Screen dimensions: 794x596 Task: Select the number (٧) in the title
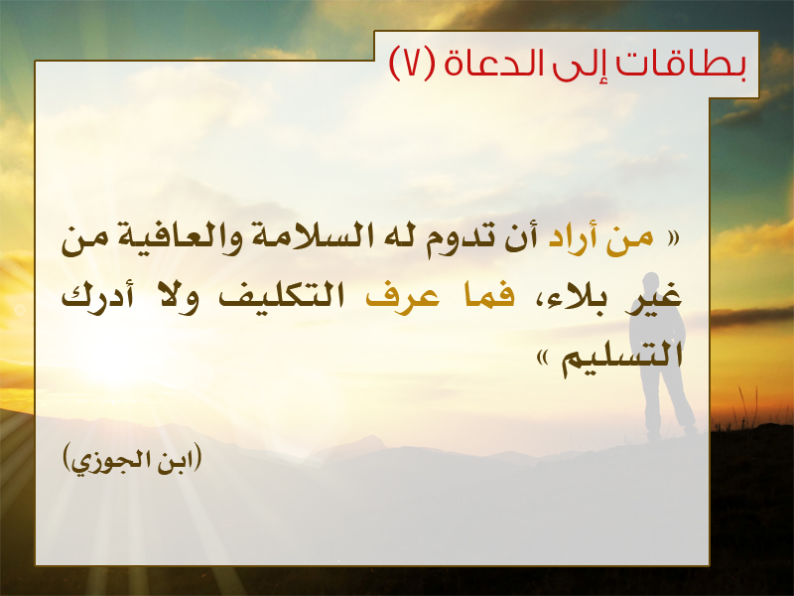click(x=412, y=64)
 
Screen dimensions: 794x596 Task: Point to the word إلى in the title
click(x=589, y=65)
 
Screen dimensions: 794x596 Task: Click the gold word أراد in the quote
click(x=573, y=238)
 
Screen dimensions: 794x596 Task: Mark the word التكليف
click(x=281, y=296)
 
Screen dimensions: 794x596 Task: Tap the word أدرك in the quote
click(x=97, y=297)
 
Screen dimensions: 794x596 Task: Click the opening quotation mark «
click(x=673, y=238)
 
